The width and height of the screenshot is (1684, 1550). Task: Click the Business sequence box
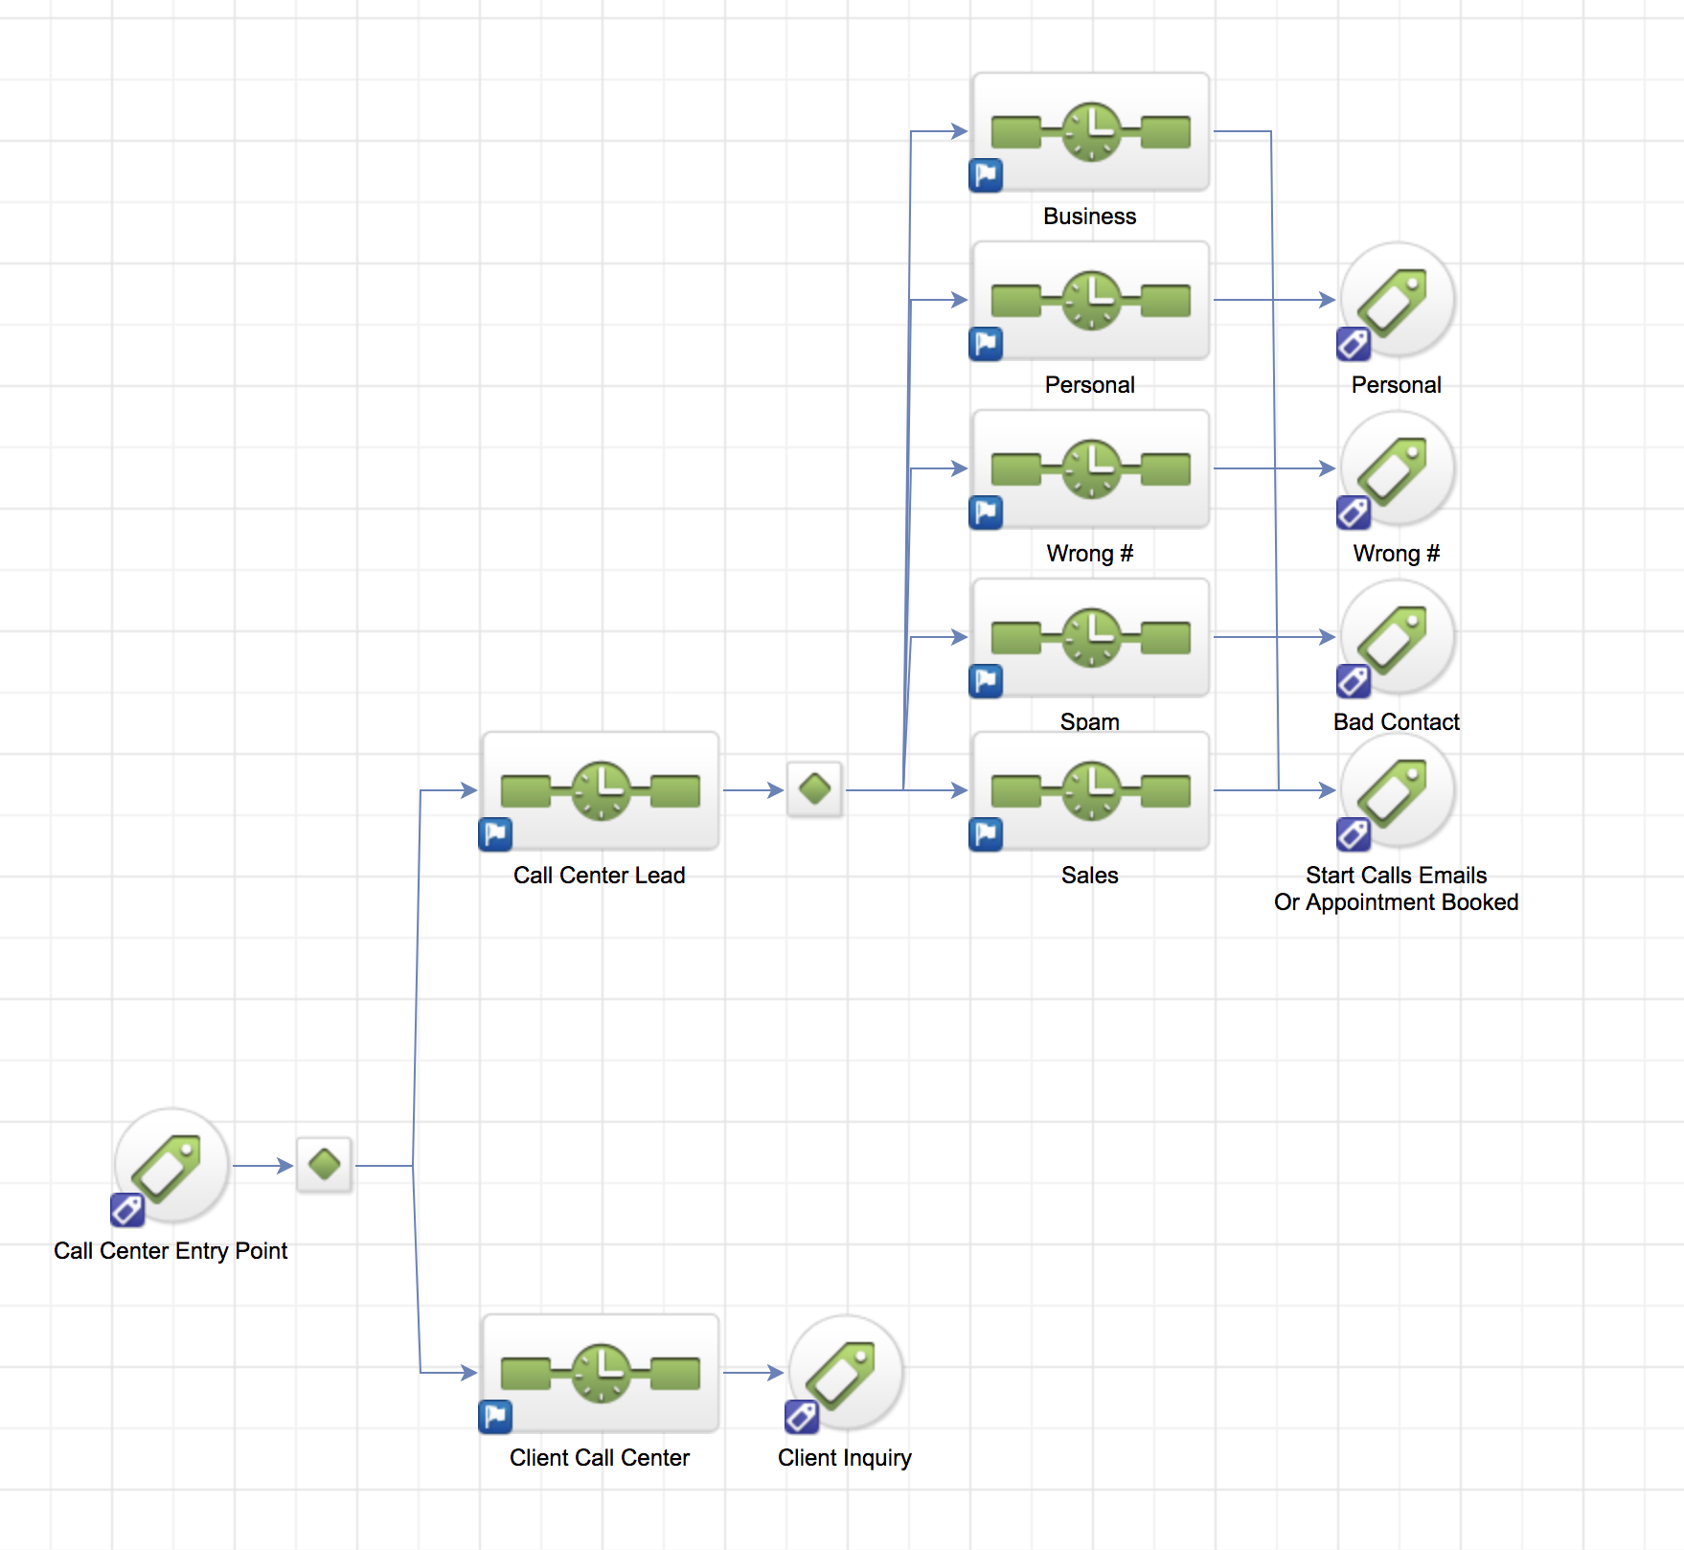(1090, 132)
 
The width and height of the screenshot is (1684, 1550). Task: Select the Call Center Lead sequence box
(600, 791)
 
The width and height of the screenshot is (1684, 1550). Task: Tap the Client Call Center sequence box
(600, 1374)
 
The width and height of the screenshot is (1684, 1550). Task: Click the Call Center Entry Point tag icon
(171, 1165)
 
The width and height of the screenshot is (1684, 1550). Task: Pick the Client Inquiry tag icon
(845, 1372)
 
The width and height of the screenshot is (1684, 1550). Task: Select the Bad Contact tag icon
(1398, 636)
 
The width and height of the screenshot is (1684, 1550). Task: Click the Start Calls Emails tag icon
(1398, 789)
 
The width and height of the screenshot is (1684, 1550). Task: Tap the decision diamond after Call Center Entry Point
(325, 1165)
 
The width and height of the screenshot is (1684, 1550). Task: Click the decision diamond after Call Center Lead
(815, 789)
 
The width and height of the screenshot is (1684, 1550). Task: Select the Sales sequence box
(1090, 791)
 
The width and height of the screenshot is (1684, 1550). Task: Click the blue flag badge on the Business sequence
(986, 175)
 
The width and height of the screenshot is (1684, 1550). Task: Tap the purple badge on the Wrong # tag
(1354, 513)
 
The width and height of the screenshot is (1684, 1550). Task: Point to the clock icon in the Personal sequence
(1091, 300)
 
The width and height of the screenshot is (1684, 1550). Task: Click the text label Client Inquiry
(845, 1458)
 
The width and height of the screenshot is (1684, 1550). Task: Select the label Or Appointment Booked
(1396, 902)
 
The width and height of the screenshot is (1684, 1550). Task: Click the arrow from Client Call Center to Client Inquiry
(754, 1373)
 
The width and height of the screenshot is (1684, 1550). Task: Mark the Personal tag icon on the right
(1398, 299)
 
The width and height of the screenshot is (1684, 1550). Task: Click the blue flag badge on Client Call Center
(495, 1417)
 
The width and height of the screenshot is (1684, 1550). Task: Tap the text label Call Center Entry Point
(171, 1251)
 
